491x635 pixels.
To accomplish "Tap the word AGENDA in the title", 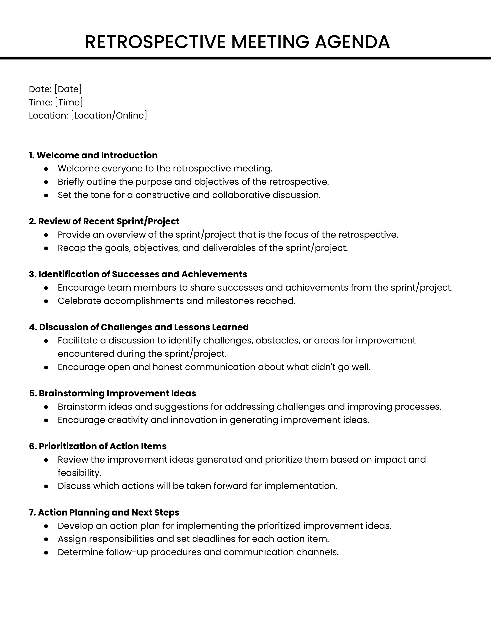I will (352, 42).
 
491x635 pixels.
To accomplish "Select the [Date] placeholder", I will (68, 89).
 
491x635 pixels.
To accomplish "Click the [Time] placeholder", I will (69, 102).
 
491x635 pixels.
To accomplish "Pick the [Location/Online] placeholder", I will (109, 115).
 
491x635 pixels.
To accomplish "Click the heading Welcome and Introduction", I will (93, 155).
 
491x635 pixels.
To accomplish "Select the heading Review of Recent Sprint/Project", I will (104, 221).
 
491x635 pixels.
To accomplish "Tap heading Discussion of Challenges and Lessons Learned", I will (139, 327).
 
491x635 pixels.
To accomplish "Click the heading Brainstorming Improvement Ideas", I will (113, 393).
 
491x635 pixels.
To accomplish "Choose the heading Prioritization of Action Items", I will (98, 446).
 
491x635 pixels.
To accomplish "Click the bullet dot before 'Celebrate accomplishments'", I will (46, 301).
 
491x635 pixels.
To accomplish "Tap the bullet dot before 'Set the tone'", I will (46, 195).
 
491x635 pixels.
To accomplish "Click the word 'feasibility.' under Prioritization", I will (79, 473).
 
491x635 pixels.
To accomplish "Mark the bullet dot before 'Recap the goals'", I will (46, 248).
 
